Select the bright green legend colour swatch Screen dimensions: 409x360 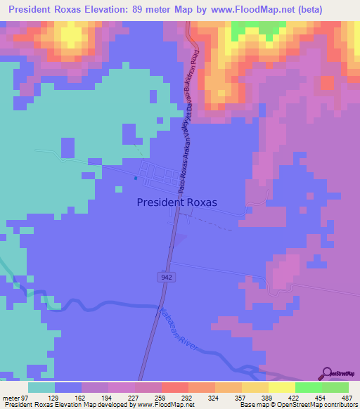(308, 388)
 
